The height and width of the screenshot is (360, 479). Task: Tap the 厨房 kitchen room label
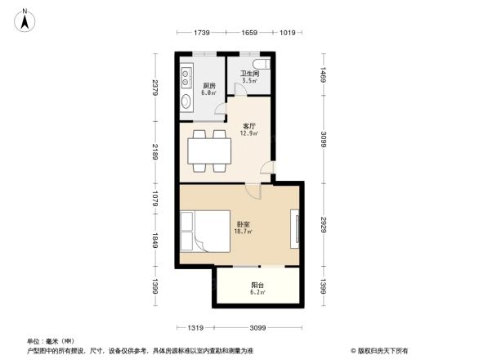click(x=209, y=86)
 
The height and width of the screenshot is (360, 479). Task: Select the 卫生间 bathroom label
click(x=248, y=74)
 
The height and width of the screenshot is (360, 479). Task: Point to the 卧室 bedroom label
click(x=244, y=223)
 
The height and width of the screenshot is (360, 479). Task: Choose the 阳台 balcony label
click(x=257, y=286)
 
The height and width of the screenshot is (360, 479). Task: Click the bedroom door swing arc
click(x=255, y=191)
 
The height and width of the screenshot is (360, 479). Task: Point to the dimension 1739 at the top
click(x=202, y=33)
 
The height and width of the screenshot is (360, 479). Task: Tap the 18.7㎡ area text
click(x=244, y=232)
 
